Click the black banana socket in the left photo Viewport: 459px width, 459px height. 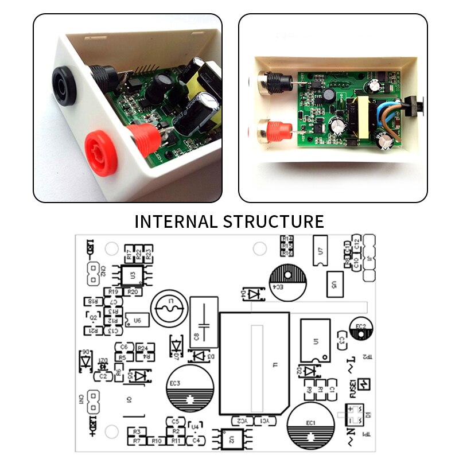[x=64, y=85]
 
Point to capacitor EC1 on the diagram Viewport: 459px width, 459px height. [x=310, y=425]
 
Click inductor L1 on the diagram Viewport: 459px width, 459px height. [x=169, y=308]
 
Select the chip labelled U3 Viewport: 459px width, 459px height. [x=133, y=275]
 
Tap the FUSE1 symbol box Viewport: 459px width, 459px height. [x=363, y=384]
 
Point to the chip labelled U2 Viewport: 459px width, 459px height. [x=231, y=439]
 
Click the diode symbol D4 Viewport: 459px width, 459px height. [x=252, y=294]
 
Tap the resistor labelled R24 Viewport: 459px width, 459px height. [x=142, y=348]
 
